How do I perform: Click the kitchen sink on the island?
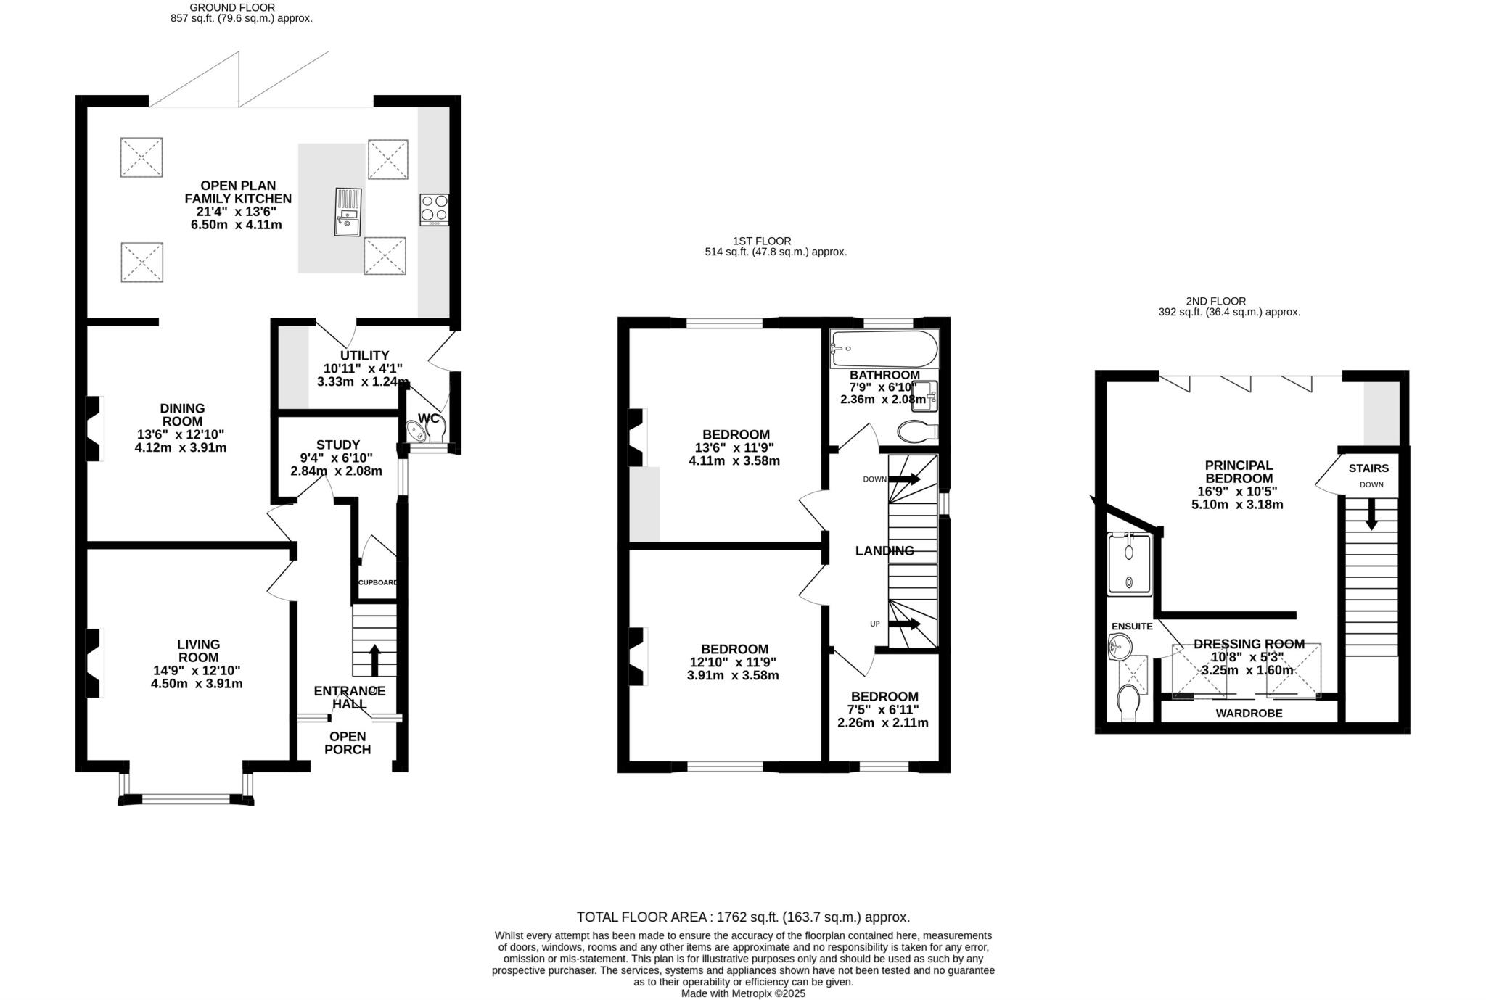(348, 212)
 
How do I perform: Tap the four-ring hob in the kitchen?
(434, 210)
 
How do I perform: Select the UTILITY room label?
(364, 355)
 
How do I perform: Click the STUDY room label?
(337, 445)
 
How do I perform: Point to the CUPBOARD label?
(378, 582)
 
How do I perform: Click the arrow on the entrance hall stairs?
(374, 659)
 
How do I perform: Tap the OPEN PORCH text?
(348, 743)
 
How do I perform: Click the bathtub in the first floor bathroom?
(884, 349)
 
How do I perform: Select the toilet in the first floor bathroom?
(916, 431)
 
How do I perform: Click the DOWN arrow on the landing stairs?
(904, 479)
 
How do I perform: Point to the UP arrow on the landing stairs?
(904, 624)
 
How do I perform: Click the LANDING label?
(884, 550)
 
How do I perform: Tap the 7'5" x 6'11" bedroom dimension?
(883, 709)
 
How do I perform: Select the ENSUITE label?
(1132, 626)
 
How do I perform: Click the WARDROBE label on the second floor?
(1249, 713)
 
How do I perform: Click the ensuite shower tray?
(1129, 565)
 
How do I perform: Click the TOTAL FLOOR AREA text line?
(743, 917)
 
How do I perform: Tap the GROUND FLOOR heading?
(232, 7)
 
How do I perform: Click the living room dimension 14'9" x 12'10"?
(198, 670)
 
